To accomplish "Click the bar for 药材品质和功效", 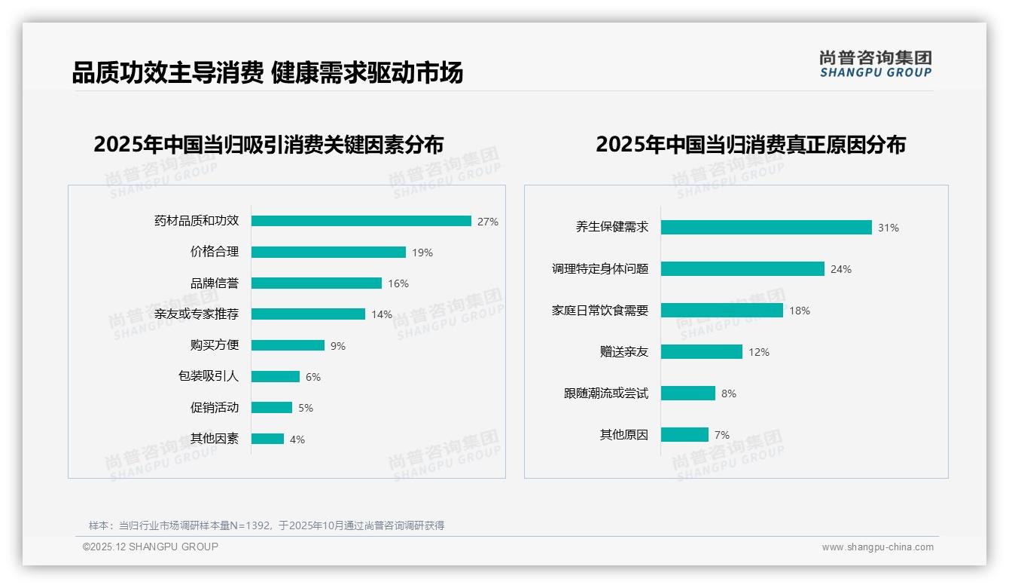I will click(361, 221).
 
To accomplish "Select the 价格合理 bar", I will click(328, 253).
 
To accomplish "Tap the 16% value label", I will click(398, 284).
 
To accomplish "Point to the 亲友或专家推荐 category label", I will click(197, 314).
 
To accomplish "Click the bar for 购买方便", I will click(288, 345).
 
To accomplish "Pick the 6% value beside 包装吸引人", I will click(313, 377).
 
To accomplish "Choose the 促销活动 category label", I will click(215, 408).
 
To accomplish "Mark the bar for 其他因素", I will click(267, 439).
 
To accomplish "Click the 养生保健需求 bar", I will click(766, 228).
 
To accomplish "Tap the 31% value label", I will click(889, 228).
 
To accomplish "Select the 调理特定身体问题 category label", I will click(600, 269).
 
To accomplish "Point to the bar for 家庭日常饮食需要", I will click(722, 311).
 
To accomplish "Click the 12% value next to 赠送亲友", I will click(759, 352).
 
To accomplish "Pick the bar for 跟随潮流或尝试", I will click(688, 394).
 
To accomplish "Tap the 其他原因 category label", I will click(624, 435).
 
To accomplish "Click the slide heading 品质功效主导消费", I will click(167, 72).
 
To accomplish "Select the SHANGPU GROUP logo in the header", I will click(875, 64).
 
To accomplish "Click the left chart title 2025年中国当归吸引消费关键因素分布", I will click(269, 144).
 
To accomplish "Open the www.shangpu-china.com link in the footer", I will click(877, 547).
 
